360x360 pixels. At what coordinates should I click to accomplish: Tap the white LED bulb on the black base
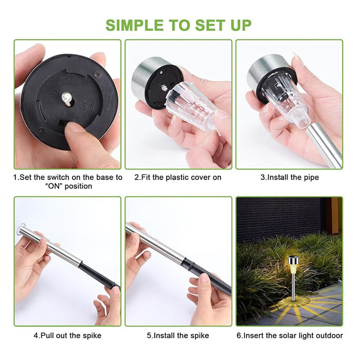coord(66,97)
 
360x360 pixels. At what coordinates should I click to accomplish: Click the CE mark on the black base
coord(88,105)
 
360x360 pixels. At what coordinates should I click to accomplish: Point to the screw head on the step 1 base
coord(97,74)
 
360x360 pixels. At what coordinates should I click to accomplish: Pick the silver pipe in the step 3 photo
coord(324,145)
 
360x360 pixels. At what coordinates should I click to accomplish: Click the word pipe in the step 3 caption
coord(311,177)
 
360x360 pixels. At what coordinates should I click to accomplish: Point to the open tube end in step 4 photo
coord(21,229)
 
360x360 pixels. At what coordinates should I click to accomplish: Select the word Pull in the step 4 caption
coord(47,335)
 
